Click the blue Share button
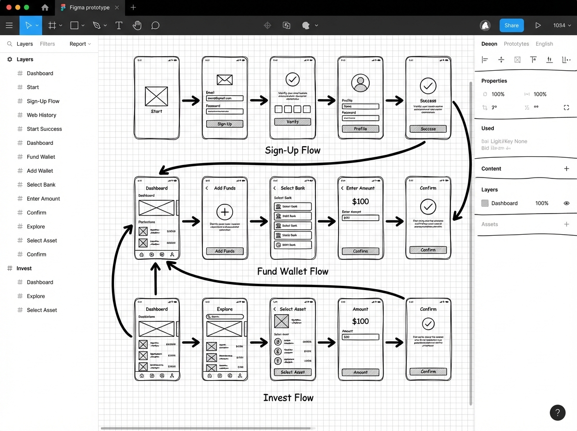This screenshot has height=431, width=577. click(511, 25)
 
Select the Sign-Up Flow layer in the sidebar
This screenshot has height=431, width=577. click(43, 101)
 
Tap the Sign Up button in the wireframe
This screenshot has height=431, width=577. click(225, 124)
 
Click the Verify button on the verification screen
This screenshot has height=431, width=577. click(292, 122)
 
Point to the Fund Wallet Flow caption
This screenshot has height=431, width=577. click(292, 271)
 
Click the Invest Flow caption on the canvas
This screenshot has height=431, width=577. click(288, 398)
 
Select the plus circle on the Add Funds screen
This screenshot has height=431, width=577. click(225, 212)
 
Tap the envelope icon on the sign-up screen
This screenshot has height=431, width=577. click(225, 80)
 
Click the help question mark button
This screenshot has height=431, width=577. click(557, 412)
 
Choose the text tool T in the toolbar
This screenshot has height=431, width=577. click(119, 25)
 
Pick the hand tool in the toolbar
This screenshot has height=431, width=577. click(137, 25)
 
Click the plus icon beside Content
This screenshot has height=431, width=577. click(566, 169)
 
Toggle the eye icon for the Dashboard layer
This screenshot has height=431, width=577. click(566, 203)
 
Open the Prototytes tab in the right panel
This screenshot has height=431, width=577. click(516, 44)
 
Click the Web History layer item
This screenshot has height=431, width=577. click(41, 115)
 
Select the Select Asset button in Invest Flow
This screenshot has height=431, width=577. click(292, 372)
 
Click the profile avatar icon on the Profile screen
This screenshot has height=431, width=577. click(360, 83)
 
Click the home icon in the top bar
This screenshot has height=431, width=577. click(45, 8)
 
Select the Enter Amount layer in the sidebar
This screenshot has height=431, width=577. click(43, 199)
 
